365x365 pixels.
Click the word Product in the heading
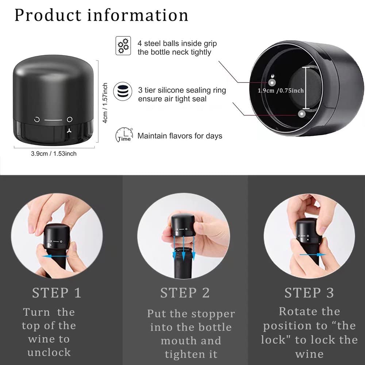[x=48, y=15]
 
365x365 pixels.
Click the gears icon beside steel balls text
[x=123, y=46]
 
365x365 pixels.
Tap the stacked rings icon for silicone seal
[x=123, y=91]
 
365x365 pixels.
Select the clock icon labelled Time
[x=124, y=135]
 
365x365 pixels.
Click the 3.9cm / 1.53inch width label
[x=54, y=154]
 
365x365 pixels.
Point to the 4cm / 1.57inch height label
[x=105, y=103]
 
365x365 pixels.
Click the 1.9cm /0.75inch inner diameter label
[x=281, y=91]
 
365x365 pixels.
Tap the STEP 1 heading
[x=57, y=293]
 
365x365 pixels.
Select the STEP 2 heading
[x=185, y=293]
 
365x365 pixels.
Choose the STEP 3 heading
[x=309, y=293]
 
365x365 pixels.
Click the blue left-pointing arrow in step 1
[x=55, y=256]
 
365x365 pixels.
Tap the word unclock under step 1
[x=49, y=353]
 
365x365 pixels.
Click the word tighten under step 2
[x=182, y=354]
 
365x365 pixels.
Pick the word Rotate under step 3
[x=297, y=311]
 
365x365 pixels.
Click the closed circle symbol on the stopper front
[x=70, y=119]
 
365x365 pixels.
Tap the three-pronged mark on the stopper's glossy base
[x=69, y=131]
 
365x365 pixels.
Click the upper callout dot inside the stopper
[x=272, y=82]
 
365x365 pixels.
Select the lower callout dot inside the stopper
[x=302, y=114]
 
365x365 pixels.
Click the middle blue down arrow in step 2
[x=184, y=248]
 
